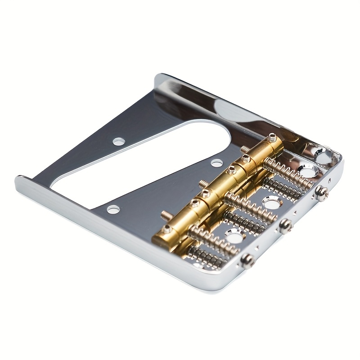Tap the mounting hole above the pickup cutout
pos(119,141)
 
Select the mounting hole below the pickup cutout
pos(113,209)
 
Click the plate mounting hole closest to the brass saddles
pos(217,163)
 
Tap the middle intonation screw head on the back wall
pos(284,225)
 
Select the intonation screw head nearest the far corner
pos(321,193)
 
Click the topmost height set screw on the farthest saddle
pos(272,136)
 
